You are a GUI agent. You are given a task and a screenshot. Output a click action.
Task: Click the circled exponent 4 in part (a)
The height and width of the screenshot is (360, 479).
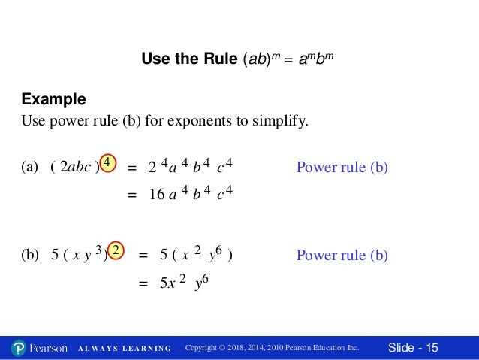[108, 163]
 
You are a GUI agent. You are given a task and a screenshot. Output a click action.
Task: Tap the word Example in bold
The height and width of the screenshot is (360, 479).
[53, 99]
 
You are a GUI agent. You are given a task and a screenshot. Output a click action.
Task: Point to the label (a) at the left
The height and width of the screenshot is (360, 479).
[30, 168]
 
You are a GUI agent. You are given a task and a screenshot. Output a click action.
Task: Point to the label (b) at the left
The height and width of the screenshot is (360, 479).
[30, 255]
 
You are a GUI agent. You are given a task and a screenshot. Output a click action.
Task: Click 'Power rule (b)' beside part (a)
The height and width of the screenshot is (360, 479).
[342, 168]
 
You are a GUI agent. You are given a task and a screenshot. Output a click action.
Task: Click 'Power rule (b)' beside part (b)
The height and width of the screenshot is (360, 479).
[342, 255]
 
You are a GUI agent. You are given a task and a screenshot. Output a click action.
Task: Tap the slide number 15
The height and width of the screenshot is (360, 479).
[431, 347]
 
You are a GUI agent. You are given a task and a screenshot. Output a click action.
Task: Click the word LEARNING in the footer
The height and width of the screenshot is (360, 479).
[145, 349]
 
